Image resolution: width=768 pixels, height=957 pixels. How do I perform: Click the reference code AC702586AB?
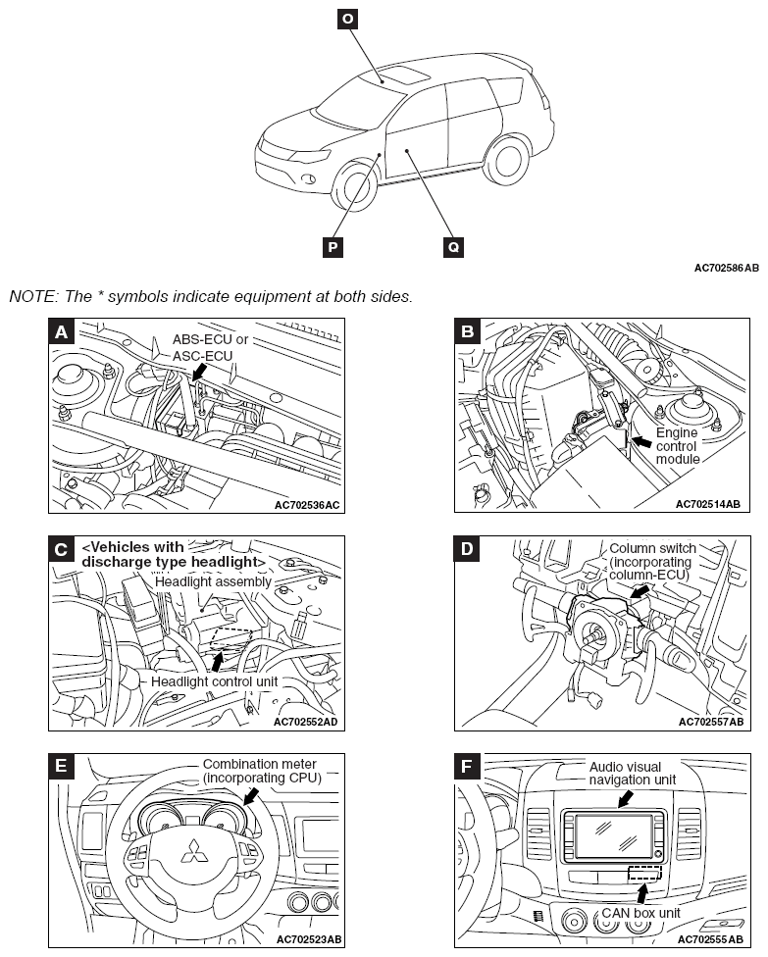726,268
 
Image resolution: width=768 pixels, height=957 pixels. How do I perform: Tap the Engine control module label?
677,444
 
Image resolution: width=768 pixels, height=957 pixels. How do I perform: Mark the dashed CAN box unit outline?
644,873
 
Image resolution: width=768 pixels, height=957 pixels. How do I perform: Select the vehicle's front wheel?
355,190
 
